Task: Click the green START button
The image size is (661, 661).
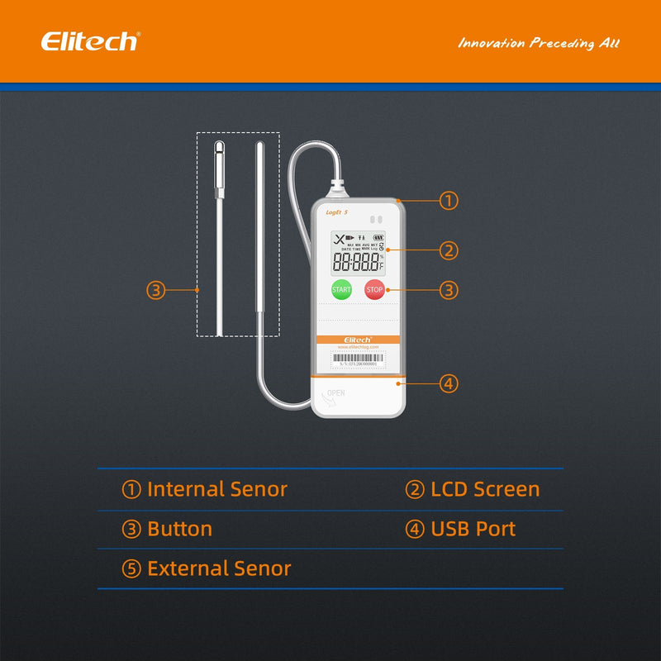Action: pos(341,290)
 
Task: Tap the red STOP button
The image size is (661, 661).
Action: pos(375,290)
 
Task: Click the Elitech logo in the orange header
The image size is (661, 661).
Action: pos(90,41)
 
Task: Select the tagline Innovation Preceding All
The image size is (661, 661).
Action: pos(539,43)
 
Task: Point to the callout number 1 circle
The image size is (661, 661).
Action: pos(448,201)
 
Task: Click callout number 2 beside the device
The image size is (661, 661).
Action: pos(448,250)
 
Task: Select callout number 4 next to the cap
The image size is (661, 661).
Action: pos(448,383)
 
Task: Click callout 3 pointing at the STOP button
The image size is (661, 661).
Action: pos(448,290)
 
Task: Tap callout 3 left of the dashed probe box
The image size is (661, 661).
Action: pos(156,290)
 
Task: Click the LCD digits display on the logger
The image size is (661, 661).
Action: pos(358,263)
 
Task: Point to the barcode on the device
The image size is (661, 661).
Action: pos(358,359)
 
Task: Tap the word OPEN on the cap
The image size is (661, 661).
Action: pos(335,392)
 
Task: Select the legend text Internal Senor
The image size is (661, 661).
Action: pos(216,489)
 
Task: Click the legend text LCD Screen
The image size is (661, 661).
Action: pos(485,489)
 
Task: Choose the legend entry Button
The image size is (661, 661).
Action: pos(179,529)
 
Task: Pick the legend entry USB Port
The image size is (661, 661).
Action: pos(473,529)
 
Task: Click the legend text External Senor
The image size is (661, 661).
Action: pos(219,568)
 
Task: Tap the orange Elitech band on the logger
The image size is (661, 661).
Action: pos(358,340)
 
